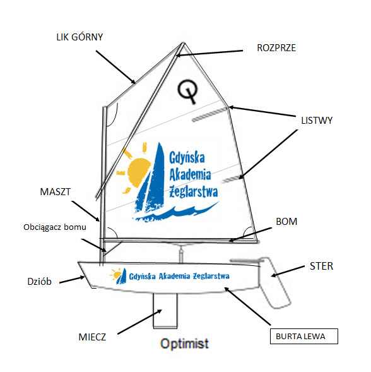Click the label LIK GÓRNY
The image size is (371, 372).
tap(79, 37)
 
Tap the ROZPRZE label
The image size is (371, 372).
tap(276, 48)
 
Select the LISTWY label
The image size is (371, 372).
tap(317, 121)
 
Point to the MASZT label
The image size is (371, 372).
tap(56, 192)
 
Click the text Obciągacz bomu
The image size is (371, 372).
tap(55, 227)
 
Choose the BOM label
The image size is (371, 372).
tap(286, 222)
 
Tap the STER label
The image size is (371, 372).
tap(321, 266)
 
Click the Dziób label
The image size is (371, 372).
tap(39, 282)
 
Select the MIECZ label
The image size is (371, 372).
tap(92, 337)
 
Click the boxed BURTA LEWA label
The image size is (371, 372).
tap(304, 336)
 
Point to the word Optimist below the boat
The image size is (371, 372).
tap(184, 344)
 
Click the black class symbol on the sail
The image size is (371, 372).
tap(188, 92)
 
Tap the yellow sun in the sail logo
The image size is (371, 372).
tap(136, 169)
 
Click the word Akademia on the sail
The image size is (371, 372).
tap(190, 174)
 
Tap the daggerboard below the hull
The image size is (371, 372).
tap(165, 311)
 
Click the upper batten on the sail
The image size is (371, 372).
tap(210, 114)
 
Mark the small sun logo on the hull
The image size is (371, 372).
tap(118, 275)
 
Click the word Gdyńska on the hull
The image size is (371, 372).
tap(142, 277)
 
